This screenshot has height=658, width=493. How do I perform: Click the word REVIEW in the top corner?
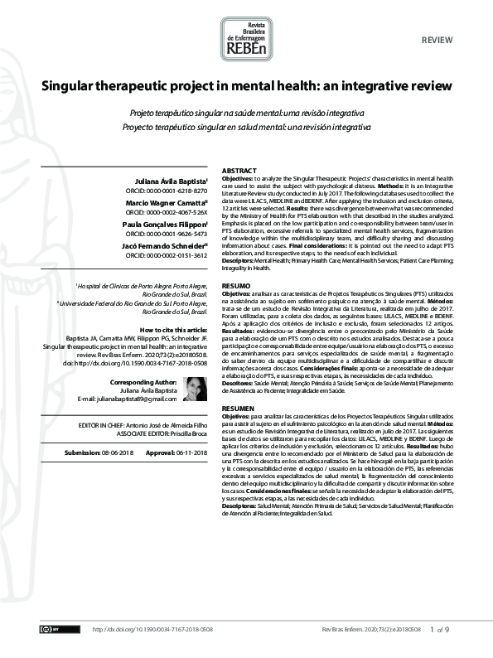point(436,17)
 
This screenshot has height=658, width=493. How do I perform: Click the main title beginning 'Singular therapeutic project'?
point(246,85)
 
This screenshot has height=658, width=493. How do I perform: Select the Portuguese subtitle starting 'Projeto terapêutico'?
point(246,114)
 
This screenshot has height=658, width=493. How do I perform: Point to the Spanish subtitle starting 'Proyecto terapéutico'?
point(246,127)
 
